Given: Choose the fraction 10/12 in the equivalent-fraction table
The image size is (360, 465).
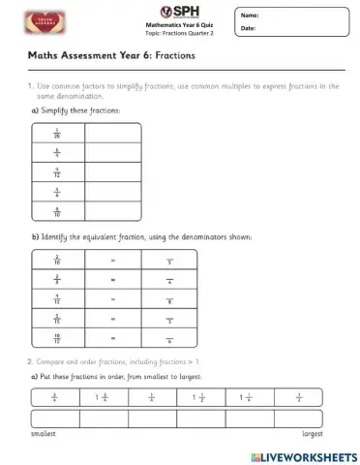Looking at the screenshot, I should tap(57, 338).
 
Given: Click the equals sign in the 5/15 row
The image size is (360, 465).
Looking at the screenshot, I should tap(113, 319).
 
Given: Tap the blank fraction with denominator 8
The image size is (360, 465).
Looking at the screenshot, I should tap(169, 299).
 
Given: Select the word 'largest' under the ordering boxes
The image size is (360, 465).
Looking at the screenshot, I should tap(312, 433).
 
